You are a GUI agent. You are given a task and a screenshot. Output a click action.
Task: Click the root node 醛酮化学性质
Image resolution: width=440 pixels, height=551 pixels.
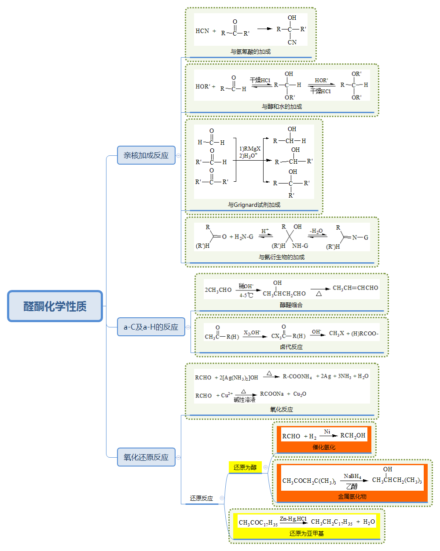coord(55,306)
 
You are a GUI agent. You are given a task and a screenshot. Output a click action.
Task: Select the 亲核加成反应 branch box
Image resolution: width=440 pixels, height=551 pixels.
coord(146,155)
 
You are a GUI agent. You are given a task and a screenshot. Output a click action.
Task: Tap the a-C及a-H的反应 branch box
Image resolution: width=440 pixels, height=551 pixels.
coord(151,327)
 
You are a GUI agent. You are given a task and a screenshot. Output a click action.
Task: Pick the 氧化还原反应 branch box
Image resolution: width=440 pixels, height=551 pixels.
coord(146,457)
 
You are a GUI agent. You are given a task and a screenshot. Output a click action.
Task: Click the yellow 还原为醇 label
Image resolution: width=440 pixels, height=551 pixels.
coord(245,467)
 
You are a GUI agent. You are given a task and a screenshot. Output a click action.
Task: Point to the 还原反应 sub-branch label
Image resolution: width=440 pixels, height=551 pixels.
coord(202,498)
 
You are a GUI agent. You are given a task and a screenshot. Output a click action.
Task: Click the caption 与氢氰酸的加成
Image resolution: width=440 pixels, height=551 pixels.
coord(250,51)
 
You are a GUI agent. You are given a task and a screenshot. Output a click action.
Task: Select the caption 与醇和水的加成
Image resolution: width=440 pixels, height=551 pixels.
coord(282,107)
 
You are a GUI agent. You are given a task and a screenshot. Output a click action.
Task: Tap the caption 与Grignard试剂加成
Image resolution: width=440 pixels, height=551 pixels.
coord(254,205)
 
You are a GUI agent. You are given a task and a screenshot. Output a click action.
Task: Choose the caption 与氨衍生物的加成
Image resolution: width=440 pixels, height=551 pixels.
coord(282,257)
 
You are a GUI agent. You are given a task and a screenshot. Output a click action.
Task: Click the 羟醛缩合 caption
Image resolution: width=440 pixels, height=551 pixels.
coord(291,305)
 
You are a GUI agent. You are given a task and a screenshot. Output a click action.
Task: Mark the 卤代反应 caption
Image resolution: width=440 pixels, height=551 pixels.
coord(291,347)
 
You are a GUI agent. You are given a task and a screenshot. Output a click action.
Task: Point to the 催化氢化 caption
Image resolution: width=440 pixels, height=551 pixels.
coord(324,447)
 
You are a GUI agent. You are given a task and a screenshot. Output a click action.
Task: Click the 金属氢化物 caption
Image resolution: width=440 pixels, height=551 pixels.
coord(352,496)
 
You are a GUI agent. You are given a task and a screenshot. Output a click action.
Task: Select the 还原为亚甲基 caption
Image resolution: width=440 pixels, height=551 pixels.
coord(307,533)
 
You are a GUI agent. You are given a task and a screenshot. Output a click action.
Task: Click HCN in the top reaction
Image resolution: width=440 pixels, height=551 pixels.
coord(202,31)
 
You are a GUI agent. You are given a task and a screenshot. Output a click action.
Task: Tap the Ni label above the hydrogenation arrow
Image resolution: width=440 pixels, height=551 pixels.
coord(327,432)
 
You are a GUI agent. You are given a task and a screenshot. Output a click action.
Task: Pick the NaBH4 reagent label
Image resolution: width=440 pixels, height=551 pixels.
coord(352,476)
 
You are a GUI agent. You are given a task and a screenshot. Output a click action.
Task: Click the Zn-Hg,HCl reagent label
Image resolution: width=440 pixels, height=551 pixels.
coord(293,519)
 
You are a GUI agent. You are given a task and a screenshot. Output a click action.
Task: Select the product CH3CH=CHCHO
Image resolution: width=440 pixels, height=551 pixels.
coord(355,288)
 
